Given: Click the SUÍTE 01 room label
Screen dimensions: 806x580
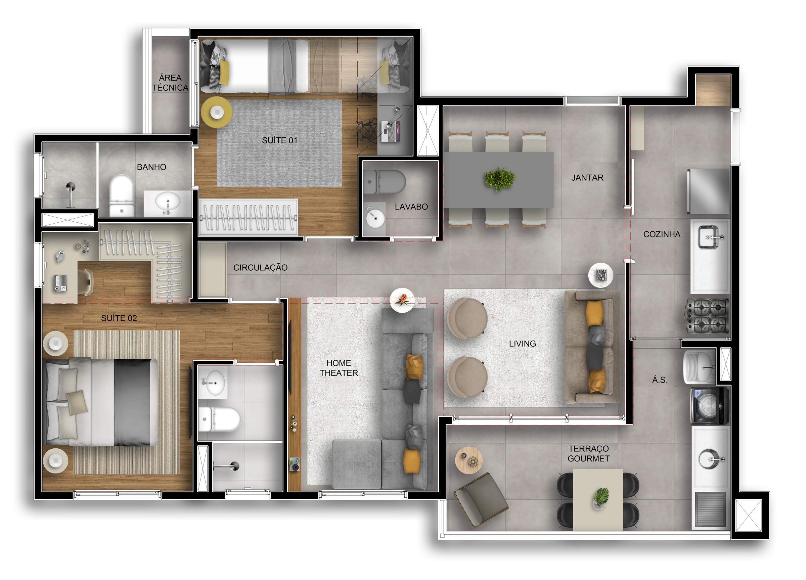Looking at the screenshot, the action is [x=279, y=140].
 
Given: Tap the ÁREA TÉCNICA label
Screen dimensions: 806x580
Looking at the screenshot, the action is [x=170, y=83].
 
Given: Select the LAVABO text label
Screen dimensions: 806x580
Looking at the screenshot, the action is [x=411, y=207].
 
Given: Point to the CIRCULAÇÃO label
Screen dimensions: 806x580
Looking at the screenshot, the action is [x=261, y=267].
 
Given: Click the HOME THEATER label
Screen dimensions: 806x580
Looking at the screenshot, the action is [x=339, y=368].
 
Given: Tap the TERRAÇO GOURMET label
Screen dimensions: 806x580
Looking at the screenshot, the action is [x=588, y=453].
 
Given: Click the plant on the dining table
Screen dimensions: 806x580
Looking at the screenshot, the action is [x=500, y=179].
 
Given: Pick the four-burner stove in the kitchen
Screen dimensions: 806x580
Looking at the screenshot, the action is [x=707, y=316].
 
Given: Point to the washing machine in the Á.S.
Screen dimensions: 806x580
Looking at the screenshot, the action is [x=710, y=406].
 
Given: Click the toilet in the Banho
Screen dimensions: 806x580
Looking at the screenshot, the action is [x=122, y=195].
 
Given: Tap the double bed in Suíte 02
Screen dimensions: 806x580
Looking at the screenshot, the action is [x=101, y=402].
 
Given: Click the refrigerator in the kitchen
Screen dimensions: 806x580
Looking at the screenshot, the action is [x=708, y=191].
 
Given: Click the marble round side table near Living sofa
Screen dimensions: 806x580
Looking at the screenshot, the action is [x=600, y=275].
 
